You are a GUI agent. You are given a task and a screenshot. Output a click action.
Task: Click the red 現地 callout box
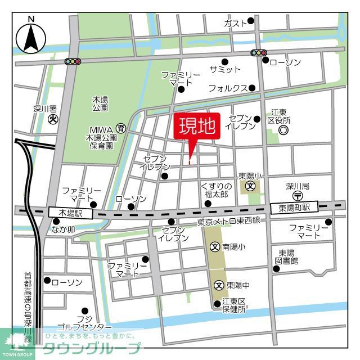[197, 127]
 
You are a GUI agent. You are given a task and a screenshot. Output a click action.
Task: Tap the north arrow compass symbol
[30, 38]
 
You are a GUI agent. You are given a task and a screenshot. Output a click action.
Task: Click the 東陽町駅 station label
[294, 208]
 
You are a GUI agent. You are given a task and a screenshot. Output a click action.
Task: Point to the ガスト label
[235, 23]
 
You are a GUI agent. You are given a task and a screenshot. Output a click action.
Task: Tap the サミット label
[225, 69]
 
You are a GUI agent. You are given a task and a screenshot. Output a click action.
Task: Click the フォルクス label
[228, 88]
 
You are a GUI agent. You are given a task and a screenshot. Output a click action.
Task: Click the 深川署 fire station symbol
[53, 119]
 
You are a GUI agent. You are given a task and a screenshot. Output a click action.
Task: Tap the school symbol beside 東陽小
[251, 186]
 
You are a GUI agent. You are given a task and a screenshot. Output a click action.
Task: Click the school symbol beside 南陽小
[215, 246]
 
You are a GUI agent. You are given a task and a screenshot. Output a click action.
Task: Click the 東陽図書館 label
[287, 256]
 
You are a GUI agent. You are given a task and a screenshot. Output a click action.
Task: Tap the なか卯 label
[63, 229]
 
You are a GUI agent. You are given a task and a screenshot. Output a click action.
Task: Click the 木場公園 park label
[100, 103]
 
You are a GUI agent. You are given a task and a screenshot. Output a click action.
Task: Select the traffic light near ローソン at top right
[259, 53]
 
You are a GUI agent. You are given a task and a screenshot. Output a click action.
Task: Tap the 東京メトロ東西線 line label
[228, 221]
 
